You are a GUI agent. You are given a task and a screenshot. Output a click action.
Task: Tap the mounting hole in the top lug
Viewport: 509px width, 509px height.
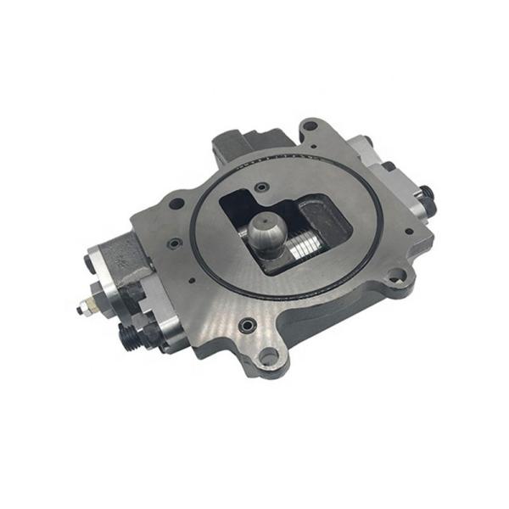pyautogui.click(x=310, y=126)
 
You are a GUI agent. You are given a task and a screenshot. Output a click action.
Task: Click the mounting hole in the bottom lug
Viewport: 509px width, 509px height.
pyautogui.click(x=267, y=357)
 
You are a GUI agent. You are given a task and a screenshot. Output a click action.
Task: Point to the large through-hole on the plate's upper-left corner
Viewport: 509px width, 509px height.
pyautogui.click(x=178, y=204)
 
